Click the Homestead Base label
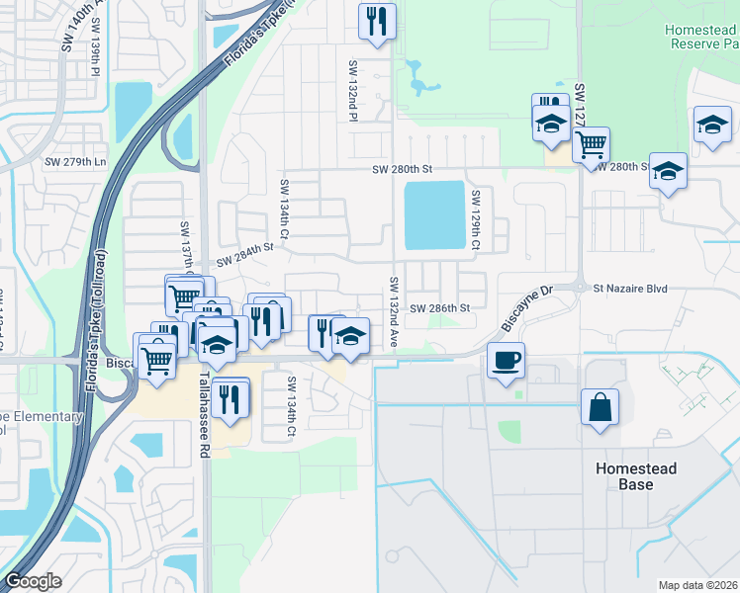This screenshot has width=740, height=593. click(636, 476)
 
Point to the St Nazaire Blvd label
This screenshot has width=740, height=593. click(630, 289)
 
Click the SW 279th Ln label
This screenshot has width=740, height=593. click(74, 161)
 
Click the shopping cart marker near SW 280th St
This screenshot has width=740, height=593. click(591, 143)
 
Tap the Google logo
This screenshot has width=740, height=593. click(33, 581)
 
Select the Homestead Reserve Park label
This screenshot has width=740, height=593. click(703, 38)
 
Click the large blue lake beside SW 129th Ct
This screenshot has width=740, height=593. click(434, 214)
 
